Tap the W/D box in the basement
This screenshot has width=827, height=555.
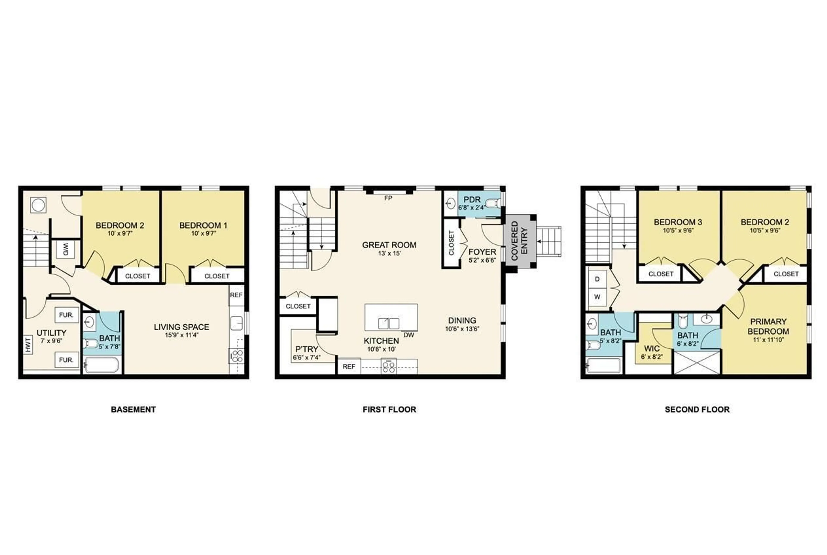click(65, 249)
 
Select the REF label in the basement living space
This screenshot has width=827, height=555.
click(236, 295)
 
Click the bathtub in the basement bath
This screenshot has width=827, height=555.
click(101, 365)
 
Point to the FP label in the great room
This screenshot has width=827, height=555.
click(388, 198)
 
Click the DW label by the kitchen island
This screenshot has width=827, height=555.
click(409, 335)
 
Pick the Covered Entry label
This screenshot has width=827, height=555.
click(519, 241)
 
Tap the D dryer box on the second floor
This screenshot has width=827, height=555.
click(597, 279)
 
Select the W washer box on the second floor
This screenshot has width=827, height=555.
click(597, 297)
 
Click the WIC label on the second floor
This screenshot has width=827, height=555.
click(651, 349)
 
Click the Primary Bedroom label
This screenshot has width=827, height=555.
click(768, 326)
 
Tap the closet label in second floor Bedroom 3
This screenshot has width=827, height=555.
click(661, 274)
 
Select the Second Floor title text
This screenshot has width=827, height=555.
click(697, 410)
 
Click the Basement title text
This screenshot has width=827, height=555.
click(133, 410)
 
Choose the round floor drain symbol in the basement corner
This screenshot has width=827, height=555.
click(38, 205)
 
